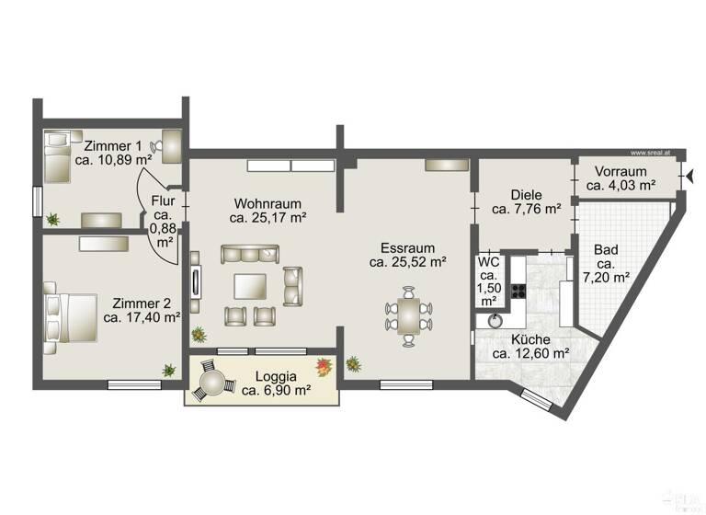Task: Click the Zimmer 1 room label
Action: tap(113, 146)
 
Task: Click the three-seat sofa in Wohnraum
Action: tap(248, 254)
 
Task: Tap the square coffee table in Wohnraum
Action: tap(250, 287)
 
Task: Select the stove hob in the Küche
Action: tap(518, 294)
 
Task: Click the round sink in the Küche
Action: tap(495, 320)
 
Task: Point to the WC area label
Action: tap(487, 262)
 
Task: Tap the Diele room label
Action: tap(527, 195)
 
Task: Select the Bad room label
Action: tap(606, 249)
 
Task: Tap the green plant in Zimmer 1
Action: tap(53, 219)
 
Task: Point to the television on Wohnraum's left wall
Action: tap(194, 281)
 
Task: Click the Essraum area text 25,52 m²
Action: tap(407, 262)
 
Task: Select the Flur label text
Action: tap(163, 200)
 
